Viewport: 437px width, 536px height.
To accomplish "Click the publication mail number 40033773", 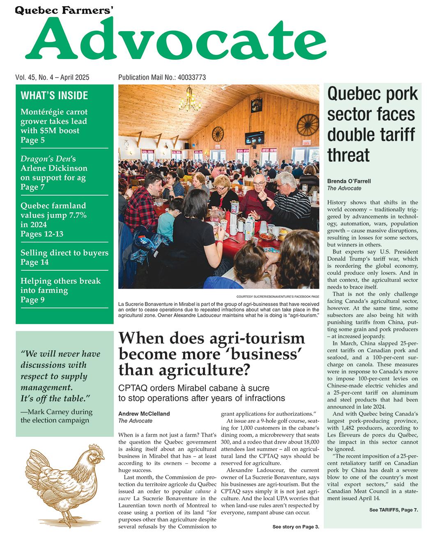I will pyautogui.click(x=192, y=77).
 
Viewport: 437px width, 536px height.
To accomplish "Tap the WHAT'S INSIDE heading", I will pyautogui.click(x=54, y=96).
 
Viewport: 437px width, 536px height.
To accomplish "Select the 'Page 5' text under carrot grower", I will pyautogui.click(x=32, y=140).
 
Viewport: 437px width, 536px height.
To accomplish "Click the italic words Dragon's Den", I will pyautogui.click(x=46, y=159).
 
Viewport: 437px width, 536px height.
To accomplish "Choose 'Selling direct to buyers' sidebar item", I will pyautogui.click(x=64, y=253).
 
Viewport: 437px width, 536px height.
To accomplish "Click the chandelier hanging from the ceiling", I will pyautogui.click(x=189, y=100).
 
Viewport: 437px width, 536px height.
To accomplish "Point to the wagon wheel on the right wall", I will pyautogui.click(x=308, y=125).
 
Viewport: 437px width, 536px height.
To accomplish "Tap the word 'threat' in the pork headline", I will pyautogui.click(x=349, y=155).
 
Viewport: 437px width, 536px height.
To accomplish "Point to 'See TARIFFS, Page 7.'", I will pyautogui.click(x=393, y=510).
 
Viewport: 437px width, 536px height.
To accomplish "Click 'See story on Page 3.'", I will pyautogui.click(x=295, y=527).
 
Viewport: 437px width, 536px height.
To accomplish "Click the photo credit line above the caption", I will pyautogui.click(x=278, y=296).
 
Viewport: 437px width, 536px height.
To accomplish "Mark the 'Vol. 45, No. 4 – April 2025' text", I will pyautogui.click(x=53, y=77).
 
